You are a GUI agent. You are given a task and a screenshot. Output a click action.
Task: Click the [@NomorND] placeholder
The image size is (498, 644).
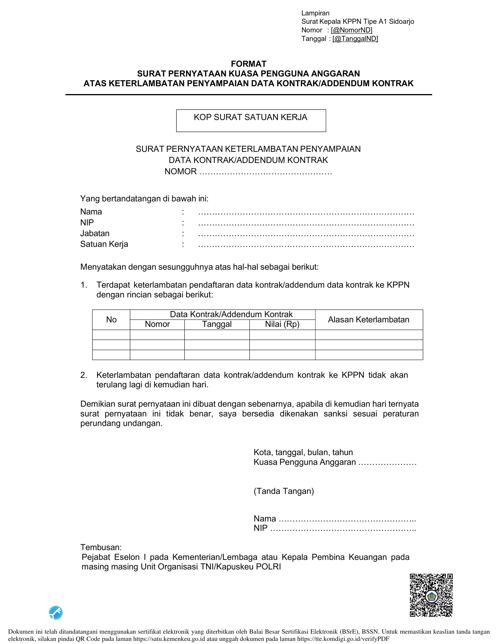[351, 30]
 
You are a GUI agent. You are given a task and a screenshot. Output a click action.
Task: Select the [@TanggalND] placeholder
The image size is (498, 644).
[355, 39]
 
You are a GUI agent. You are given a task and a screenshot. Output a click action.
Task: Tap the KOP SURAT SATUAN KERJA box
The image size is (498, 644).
[251, 121]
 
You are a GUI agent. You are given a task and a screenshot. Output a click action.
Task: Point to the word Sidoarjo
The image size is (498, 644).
[401, 21]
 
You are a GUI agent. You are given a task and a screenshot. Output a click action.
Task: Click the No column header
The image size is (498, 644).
[111, 320]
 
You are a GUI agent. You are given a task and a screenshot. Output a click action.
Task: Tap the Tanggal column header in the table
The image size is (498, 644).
[217, 324]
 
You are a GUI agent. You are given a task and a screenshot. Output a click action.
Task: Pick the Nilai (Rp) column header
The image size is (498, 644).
[282, 324]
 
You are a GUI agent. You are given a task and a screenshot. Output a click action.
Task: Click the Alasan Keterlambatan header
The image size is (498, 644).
[369, 320]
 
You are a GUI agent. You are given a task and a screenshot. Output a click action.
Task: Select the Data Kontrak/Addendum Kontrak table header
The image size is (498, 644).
[231, 314]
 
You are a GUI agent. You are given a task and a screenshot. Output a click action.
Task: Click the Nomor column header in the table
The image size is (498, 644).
[157, 324]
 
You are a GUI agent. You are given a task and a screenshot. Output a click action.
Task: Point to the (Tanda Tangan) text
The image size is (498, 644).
[284, 491]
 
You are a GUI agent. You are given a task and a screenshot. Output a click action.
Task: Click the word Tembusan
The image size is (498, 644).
[101, 547]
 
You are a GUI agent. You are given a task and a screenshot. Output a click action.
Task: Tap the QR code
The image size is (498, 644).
[431, 595]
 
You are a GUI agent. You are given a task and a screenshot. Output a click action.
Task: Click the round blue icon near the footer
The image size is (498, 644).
[56, 613]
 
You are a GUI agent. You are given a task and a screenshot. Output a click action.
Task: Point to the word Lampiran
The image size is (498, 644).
[315, 13]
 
